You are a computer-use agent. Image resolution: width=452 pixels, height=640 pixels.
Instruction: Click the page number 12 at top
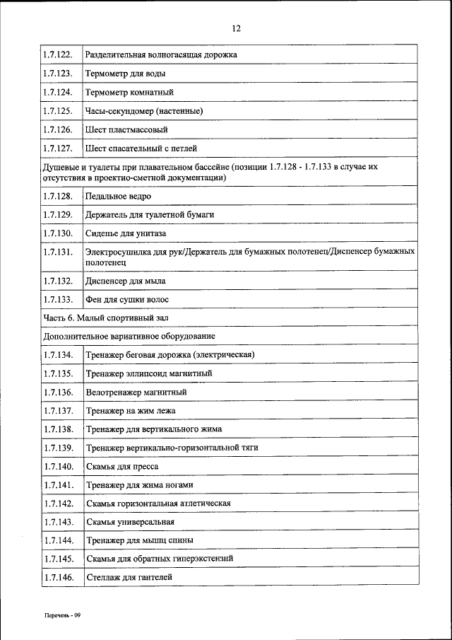[236, 28]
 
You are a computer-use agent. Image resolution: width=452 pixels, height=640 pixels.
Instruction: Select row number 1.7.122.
[58, 54]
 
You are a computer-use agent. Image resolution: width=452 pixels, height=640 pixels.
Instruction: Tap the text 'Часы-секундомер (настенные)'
[144, 112]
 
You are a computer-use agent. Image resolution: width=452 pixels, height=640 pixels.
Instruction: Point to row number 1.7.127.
[58, 149]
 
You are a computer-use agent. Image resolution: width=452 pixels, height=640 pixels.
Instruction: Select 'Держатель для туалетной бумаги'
[150, 214]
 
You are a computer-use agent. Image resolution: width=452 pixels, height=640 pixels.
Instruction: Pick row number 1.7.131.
[58, 252]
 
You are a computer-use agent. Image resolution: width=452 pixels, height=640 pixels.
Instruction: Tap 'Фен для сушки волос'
[127, 300]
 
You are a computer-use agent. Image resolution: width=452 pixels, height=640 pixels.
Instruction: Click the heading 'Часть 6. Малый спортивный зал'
[106, 318]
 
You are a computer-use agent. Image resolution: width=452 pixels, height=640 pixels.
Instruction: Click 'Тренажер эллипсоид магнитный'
[149, 373]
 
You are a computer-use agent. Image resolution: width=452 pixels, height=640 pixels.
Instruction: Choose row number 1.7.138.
[58, 429]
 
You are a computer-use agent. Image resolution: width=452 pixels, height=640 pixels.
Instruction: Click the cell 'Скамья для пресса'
[122, 467]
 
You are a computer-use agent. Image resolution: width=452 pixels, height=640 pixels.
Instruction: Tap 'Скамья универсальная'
[130, 523]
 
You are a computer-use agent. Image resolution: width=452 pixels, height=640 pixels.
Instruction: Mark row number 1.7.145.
[58, 559]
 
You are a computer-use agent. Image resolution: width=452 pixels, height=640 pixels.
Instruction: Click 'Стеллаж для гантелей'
[129, 578]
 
